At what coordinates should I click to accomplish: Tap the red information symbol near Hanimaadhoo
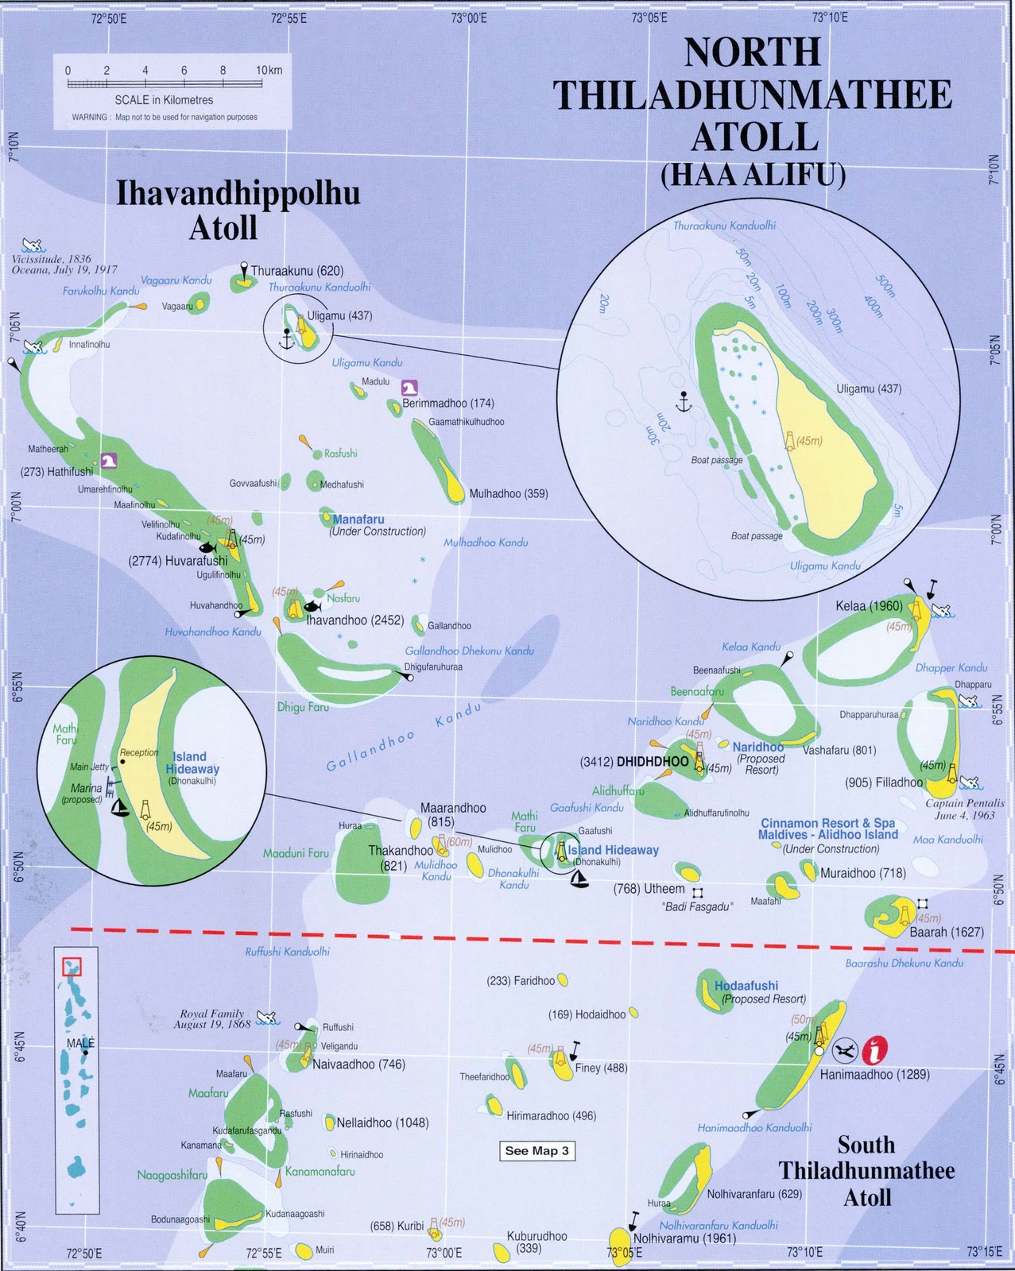[874, 1049]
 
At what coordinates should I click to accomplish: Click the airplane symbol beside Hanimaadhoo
[846, 1050]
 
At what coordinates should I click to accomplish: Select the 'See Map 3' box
[537, 1151]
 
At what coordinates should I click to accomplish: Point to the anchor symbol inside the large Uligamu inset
[680, 401]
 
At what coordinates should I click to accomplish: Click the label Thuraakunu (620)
[297, 271]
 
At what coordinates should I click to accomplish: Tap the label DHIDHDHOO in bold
[653, 761]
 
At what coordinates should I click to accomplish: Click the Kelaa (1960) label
[869, 606]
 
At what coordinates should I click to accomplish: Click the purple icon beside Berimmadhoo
[410, 388]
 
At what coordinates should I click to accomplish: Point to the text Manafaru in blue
[358, 520]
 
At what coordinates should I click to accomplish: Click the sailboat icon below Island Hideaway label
[579, 879]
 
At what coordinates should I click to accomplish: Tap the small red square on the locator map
[72, 967]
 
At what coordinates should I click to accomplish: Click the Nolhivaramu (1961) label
[684, 1238]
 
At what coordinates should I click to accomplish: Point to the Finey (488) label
[601, 1068]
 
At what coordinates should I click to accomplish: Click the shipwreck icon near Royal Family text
[267, 1018]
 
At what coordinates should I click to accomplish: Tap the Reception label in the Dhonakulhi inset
[139, 752]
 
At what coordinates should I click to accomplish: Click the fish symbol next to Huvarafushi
[207, 547]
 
